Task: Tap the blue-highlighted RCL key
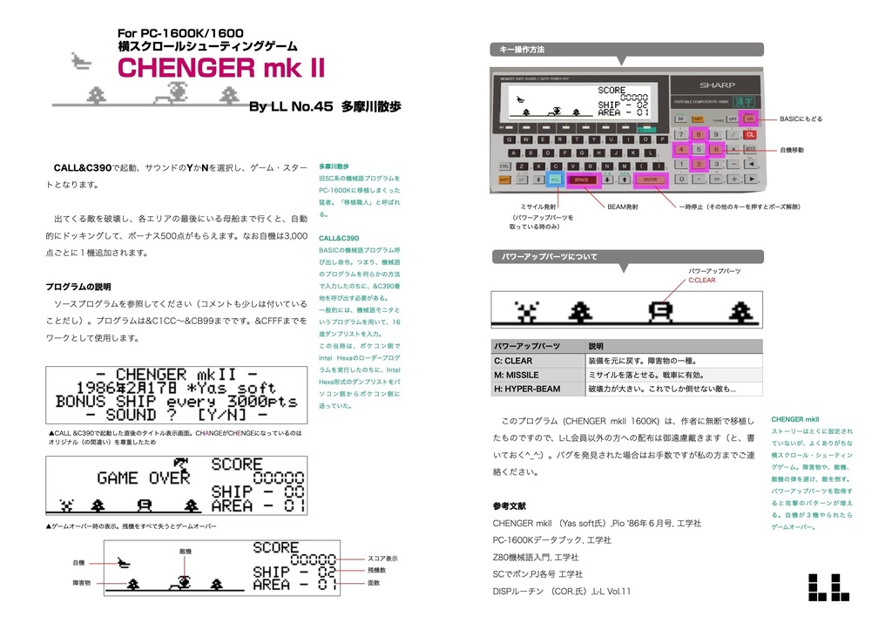[555, 180]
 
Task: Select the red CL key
[749, 133]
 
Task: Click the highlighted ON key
[749, 118]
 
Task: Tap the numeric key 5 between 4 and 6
[698, 149]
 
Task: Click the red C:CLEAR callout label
[702, 281]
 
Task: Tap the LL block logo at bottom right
[828, 586]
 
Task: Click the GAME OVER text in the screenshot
[143, 478]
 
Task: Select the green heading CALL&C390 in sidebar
[339, 238]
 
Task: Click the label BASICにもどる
[801, 119]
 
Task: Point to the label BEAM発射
[623, 207]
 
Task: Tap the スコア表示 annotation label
[383, 558]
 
